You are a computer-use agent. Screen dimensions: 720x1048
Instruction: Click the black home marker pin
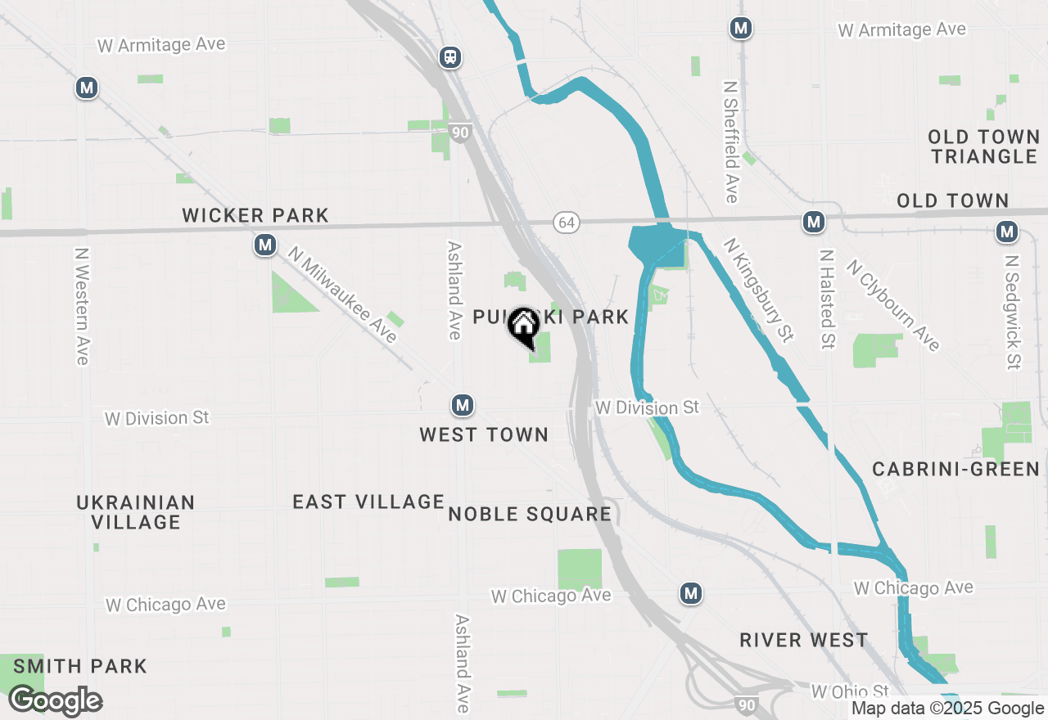point(523,328)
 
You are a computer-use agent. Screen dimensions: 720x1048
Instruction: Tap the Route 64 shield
point(565,222)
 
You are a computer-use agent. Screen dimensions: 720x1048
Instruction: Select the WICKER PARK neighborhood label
point(255,215)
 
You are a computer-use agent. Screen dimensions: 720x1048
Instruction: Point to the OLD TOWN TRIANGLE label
point(984,146)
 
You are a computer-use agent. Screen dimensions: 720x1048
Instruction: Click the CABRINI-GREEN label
point(955,469)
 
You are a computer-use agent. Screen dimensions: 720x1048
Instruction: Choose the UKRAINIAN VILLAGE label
point(136,512)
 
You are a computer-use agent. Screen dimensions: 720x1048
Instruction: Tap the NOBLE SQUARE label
point(530,514)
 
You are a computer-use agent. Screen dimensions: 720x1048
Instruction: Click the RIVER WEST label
point(803,640)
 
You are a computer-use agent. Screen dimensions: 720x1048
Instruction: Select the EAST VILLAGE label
point(368,502)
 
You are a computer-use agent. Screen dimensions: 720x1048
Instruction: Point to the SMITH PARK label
point(80,666)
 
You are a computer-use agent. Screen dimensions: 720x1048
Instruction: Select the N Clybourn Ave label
point(892,305)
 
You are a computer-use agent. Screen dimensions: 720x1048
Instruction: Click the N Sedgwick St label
point(1014,311)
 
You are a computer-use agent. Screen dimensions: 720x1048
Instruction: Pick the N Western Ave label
point(81,307)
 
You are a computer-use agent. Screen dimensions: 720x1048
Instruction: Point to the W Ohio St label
point(849,692)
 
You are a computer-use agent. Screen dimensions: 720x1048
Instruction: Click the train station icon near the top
point(449,56)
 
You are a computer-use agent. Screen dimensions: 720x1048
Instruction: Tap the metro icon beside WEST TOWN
point(463,404)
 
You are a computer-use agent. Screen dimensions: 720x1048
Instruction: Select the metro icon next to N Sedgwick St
point(1006,232)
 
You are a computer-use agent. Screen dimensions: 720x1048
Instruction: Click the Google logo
point(55,701)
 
